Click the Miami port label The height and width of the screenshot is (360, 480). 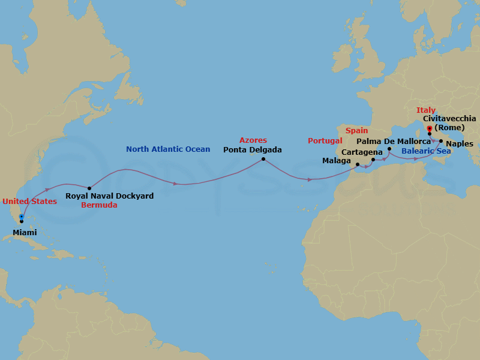(x=25, y=232)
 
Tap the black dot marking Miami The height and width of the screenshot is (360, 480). (x=22, y=221)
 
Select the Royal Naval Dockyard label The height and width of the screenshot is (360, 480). (x=109, y=196)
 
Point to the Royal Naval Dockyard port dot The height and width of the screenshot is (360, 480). (x=89, y=188)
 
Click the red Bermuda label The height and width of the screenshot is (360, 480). (x=99, y=205)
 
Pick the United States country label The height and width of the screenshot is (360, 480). (x=29, y=201)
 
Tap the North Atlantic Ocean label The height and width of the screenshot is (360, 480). (x=168, y=149)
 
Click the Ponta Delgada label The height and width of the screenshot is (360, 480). (x=252, y=150)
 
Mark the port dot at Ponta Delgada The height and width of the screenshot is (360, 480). (x=263, y=159)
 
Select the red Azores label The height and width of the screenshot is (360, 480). (x=253, y=140)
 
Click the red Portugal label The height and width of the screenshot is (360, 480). (x=325, y=141)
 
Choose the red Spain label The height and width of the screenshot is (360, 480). (x=356, y=130)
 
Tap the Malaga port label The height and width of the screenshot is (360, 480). (x=337, y=161)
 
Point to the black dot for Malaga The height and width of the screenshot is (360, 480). (x=358, y=164)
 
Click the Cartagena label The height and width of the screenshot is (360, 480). (x=362, y=152)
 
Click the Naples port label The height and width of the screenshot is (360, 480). (x=460, y=144)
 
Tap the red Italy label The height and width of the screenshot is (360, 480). (x=426, y=110)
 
